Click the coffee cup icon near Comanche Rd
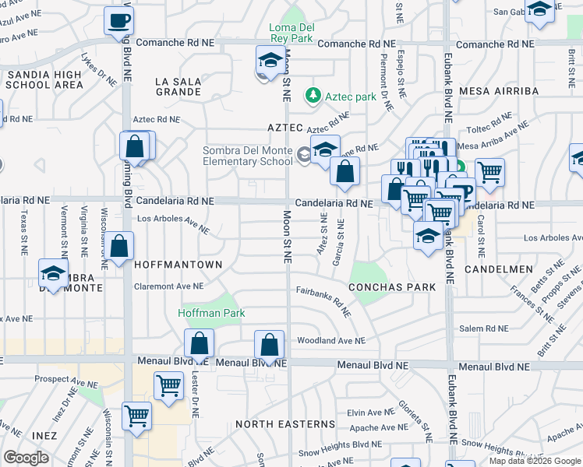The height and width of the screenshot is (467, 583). pos(118,21)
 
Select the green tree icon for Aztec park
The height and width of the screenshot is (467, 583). pos(313,95)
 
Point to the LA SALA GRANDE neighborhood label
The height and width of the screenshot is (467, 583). pos(178,86)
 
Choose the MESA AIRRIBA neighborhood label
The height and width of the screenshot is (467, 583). pos(499,91)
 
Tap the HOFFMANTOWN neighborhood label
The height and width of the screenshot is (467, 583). pos(178,265)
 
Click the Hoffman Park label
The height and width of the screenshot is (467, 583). pos(211,313)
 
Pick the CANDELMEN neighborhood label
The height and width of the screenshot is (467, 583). pos(498,269)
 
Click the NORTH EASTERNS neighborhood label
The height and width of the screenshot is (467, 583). pos(285,424)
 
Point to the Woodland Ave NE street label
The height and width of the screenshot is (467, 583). pos(330,340)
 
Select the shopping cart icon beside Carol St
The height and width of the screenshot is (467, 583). pos(489,172)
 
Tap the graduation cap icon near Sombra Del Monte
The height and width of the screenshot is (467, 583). pos(53,274)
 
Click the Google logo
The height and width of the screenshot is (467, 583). pos(26,458)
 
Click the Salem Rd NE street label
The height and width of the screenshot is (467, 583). pos(483,329)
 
